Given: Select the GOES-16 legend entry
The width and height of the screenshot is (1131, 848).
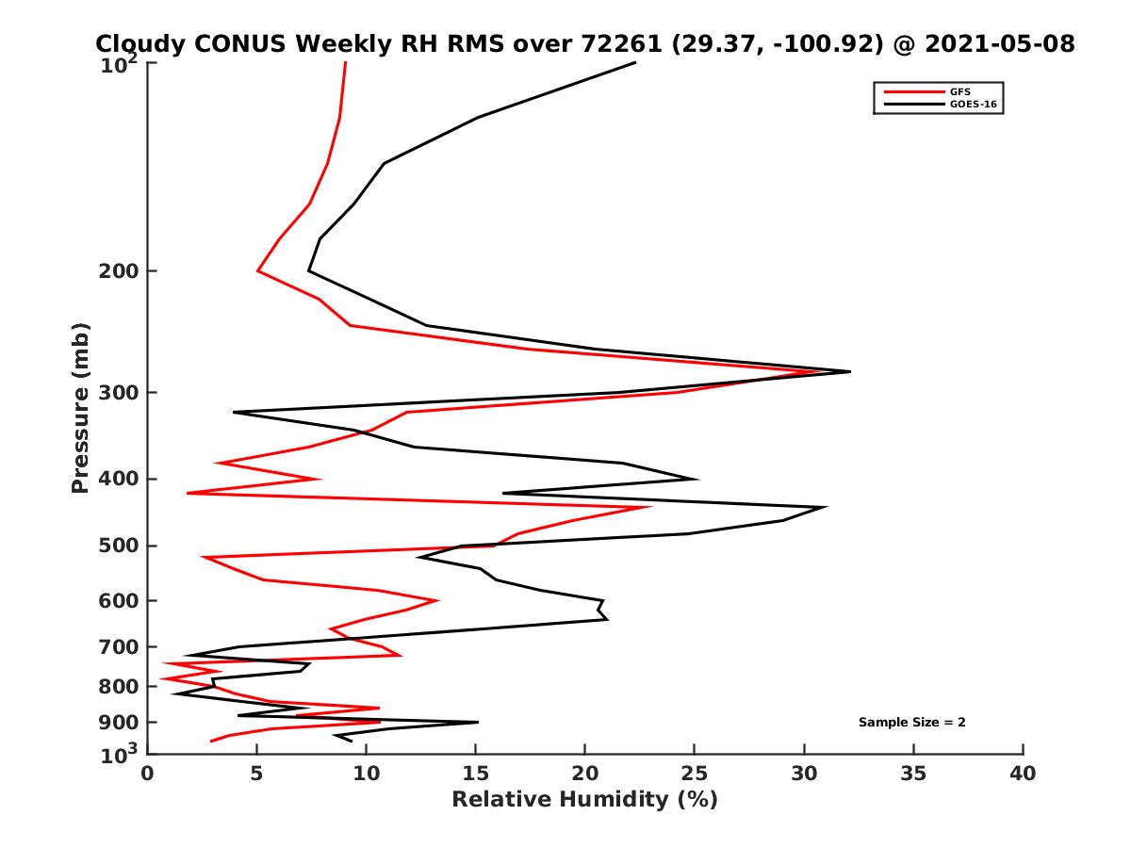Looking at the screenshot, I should point(970,105).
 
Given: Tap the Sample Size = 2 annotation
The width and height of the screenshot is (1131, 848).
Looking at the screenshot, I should point(911,722).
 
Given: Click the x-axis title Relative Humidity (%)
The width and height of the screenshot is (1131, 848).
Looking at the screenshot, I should point(584,800).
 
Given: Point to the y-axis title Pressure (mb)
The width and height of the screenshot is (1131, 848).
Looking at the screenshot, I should point(80,407).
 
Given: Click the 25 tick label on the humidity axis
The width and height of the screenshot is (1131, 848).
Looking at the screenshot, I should point(695,774).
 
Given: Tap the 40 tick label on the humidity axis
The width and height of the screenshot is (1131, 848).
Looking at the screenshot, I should point(1023,774).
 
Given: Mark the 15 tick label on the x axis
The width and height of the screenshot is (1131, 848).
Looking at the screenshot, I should point(476,774).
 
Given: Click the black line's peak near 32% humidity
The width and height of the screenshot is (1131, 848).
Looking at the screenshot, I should point(849,371).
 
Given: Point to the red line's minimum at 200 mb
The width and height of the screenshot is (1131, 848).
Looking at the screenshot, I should point(258,271).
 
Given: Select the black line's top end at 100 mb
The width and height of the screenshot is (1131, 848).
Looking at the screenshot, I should point(634,62).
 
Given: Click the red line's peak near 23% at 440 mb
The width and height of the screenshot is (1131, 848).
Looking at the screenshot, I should point(650,508).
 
